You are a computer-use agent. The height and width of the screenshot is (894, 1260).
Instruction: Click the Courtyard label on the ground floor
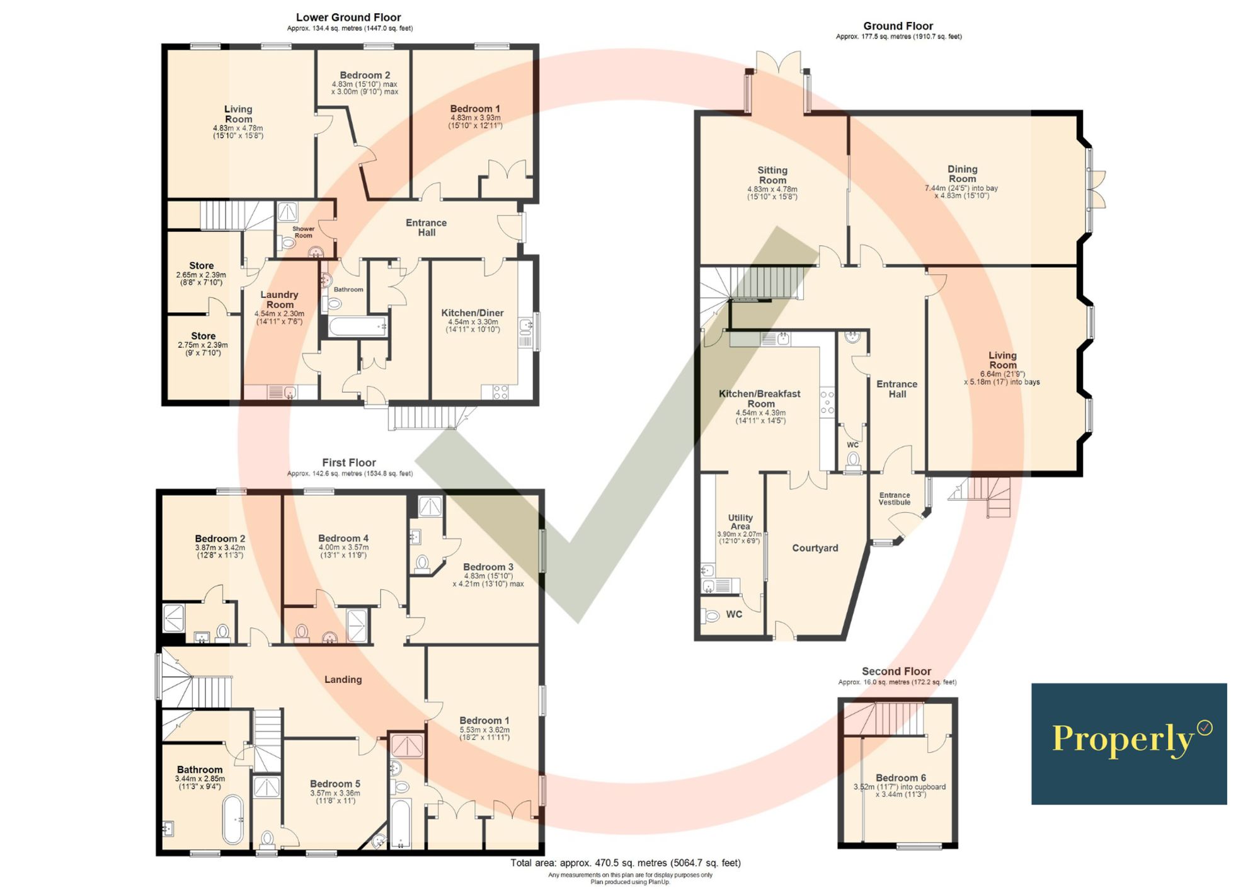tap(815, 548)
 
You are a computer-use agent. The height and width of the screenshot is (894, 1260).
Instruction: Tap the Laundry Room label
tap(279, 300)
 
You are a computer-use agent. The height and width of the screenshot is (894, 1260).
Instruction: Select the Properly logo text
tap(1123, 739)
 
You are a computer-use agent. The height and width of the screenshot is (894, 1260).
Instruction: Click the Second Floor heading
tap(896, 672)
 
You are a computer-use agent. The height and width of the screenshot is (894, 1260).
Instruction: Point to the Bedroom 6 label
tap(900, 778)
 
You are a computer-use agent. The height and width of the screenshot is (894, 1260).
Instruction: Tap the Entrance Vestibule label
tap(895, 499)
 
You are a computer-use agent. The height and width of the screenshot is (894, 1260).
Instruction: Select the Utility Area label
tap(740, 522)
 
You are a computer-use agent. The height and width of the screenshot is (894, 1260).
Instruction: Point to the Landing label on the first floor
tap(343, 680)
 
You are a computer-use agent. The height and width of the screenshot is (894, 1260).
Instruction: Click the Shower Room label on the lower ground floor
tap(303, 232)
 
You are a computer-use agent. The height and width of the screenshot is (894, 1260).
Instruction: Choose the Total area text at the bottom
tap(625, 863)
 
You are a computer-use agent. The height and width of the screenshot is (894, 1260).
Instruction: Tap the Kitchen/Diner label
tap(472, 313)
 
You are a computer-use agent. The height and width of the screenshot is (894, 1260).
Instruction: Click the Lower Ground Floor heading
tap(348, 18)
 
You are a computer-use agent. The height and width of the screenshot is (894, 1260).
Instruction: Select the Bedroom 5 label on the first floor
tap(335, 784)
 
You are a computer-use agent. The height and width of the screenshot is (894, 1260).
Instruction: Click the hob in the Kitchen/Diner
tap(500, 393)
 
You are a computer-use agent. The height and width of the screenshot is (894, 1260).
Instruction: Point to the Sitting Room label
tap(772, 175)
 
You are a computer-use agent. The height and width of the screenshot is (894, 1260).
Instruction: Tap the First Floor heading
tap(348, 462)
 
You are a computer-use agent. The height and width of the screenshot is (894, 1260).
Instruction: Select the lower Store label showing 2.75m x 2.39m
tap(203, 336)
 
